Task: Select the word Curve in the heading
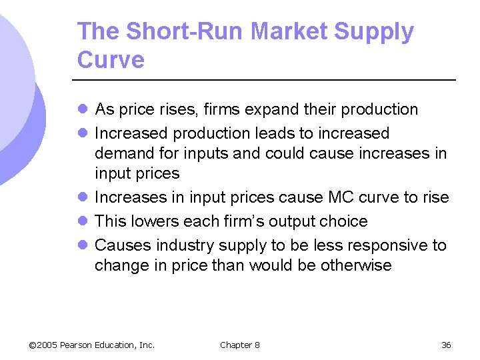tap(111, 60)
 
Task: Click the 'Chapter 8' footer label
tap(240, 345)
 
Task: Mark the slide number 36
tap(446, 345)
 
